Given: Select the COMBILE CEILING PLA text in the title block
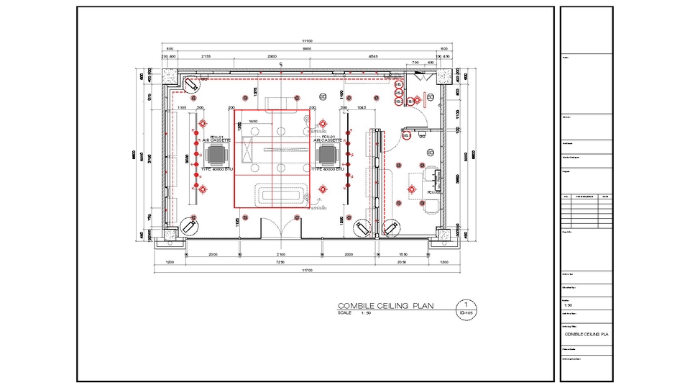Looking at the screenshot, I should pos(586,334).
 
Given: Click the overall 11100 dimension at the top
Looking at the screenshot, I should pos(306,41).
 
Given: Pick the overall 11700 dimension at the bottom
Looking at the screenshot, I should pos(306,270).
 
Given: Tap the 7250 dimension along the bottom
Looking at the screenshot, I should pos(281,263).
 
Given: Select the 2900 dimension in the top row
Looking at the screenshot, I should pos(272,55).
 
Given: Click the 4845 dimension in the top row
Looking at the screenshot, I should pos(373,55).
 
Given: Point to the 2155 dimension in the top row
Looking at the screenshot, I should pos(206,55).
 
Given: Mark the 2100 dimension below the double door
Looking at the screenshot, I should pos(280,255).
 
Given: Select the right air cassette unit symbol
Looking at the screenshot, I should pos(328,154).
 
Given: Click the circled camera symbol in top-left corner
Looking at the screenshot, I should pos(192,84).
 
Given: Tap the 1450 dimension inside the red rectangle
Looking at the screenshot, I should pos(253,122).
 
